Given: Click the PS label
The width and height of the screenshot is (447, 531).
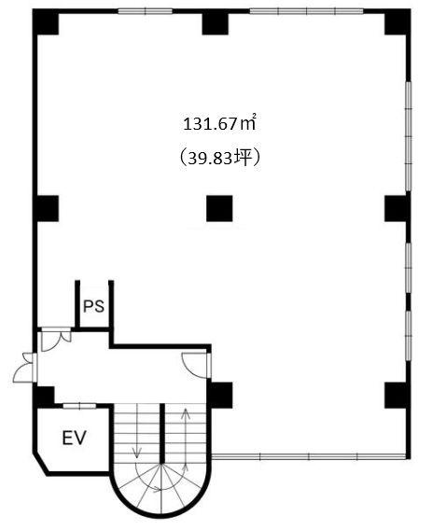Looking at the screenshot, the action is [94, 306].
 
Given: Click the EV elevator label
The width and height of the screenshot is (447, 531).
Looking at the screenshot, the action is [75, 438].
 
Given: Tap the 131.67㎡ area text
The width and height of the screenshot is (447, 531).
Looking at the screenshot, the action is [218, 124].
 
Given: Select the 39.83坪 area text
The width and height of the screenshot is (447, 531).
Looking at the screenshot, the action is [219, 158].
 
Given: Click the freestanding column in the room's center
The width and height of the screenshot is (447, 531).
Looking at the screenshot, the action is [219, 209].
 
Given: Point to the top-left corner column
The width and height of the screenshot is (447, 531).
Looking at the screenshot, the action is [46, 22].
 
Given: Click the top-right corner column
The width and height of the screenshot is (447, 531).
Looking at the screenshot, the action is [398, 22].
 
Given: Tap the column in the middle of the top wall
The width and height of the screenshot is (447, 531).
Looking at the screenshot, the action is [216, 22].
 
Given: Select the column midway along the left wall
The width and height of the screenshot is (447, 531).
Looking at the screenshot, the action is [46, 209].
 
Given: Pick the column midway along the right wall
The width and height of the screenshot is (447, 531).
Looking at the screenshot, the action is [398, 209].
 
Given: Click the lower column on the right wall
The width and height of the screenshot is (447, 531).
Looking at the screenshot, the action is [398, 395].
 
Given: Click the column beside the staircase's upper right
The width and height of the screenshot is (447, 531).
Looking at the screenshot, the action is [220, 395].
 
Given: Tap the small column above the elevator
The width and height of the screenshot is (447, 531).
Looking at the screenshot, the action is [44, 398].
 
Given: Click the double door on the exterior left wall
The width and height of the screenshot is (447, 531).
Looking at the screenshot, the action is [24, 368].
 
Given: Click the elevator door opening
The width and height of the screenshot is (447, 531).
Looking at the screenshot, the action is [79, 406].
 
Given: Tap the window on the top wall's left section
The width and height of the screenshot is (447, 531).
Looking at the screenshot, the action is [145, 11].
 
